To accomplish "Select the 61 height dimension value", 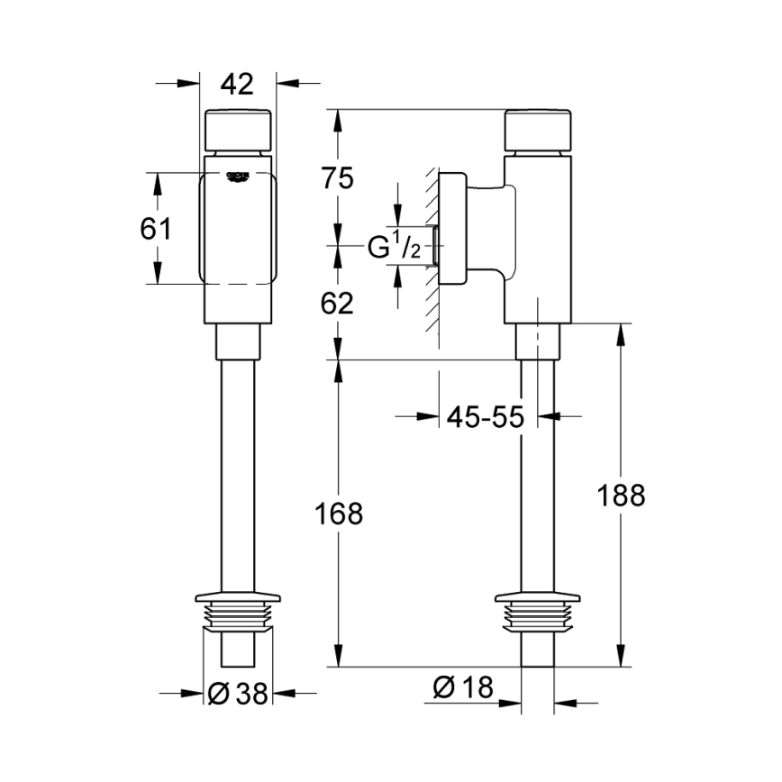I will (155, 229).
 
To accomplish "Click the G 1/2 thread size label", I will (394, 246).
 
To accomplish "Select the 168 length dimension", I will (339, 514).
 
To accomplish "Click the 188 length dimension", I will (621, 495).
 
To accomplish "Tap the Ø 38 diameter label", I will (238, 693).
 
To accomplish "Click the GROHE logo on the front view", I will (238, 176).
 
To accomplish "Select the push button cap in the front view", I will (238, 130).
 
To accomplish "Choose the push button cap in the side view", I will (538, 130).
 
